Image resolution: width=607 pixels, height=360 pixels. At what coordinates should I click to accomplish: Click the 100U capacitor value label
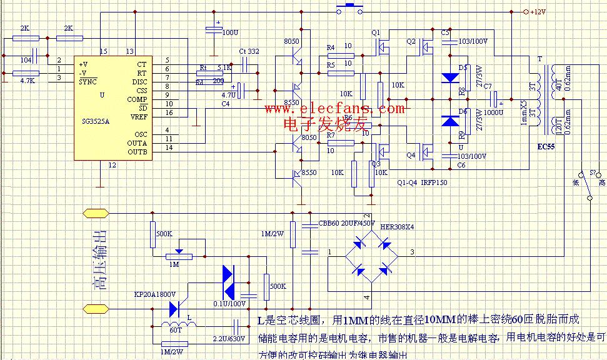click(230, 31)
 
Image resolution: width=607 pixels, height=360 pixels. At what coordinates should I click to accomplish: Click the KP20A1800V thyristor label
click(155, 294)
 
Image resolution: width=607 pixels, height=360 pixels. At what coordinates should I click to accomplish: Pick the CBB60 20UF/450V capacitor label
click(346, 222)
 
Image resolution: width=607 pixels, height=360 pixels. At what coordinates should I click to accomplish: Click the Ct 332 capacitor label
click(249, 51)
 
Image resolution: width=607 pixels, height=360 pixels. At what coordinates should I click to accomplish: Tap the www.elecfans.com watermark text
click(334, 109)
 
